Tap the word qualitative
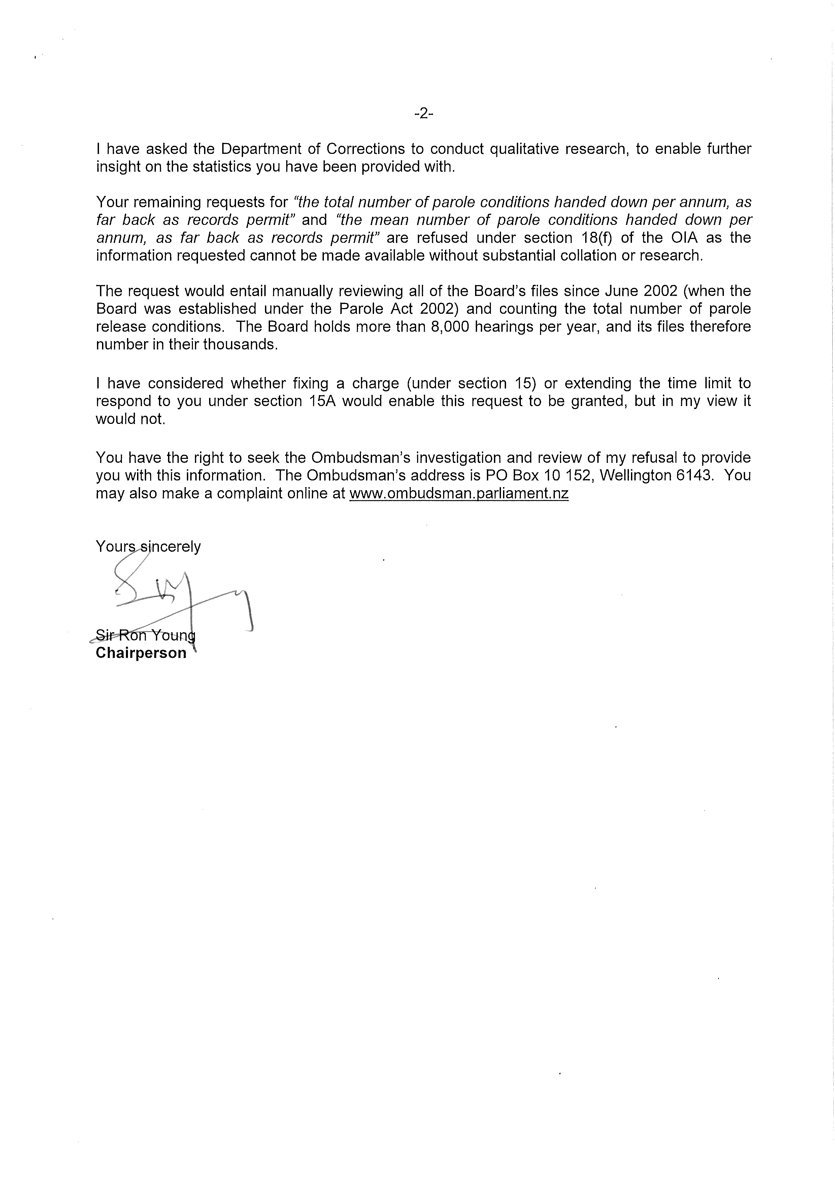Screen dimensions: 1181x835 524,149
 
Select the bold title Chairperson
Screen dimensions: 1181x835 141,653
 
